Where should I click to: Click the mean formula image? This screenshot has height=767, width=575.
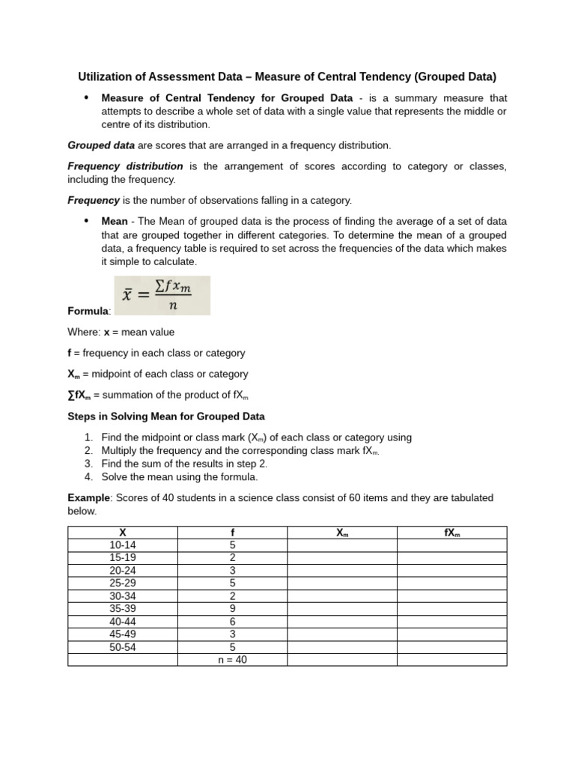(162, 296)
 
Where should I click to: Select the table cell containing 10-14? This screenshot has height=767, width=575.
(123, 545)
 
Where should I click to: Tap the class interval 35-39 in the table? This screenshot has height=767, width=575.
(123, 609)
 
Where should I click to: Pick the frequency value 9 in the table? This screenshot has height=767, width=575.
(233, 609)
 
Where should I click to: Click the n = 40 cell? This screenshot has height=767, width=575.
(233, 660)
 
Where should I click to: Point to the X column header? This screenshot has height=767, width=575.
(123, 533)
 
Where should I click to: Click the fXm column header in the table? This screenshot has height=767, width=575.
(451, 533)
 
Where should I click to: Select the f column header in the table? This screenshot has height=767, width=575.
(233, 533)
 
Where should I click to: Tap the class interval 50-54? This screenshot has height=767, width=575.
(123, 647)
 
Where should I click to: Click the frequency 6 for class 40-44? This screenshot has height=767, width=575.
(233, 622)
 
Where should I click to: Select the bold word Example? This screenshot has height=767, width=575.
(88, 498)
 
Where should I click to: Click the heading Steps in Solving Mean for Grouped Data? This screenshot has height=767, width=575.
(165, 416)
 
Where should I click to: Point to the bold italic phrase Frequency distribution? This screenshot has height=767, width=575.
(125, 166)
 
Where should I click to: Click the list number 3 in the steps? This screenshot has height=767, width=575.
(88, 464)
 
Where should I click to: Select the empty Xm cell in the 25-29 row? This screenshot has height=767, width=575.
(342, 583)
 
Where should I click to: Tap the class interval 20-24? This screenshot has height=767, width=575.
(123, 571)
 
